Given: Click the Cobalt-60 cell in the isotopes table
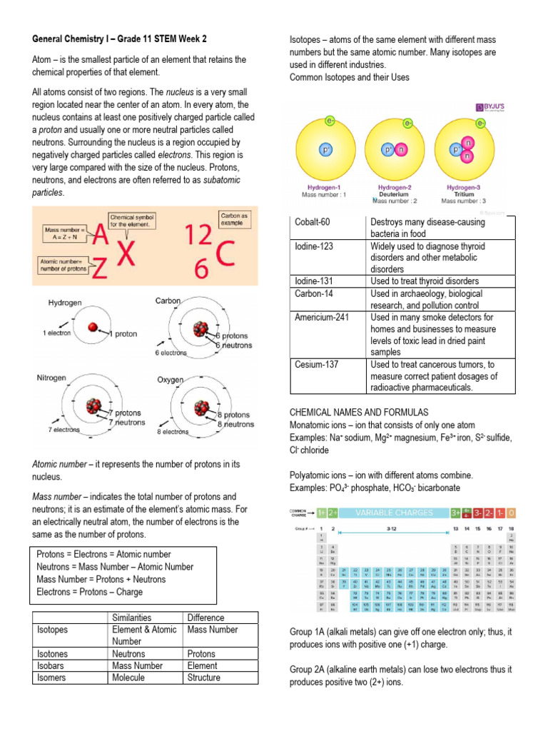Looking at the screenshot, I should [x=313, y=223].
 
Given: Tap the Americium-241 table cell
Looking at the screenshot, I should [x=322, y=317].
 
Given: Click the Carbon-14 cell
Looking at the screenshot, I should [x=314, y=293].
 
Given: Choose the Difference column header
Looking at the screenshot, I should [x=205, y=617].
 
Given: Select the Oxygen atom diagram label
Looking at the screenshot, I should [x=171, y=380].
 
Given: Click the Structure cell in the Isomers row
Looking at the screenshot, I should [x=203, y=677].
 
